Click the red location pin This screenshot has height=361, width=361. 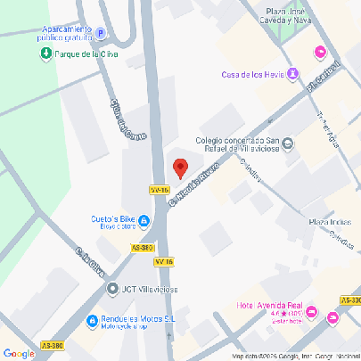coord(180,168)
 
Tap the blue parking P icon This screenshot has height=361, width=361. coord(101,34)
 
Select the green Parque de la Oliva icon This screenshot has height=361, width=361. coord(45,54)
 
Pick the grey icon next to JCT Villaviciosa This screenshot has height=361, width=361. coord(112,289)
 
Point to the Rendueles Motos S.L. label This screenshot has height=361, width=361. coord(135,322)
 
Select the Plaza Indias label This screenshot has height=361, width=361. coord(329,220)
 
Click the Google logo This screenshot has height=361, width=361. coord(19,353)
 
